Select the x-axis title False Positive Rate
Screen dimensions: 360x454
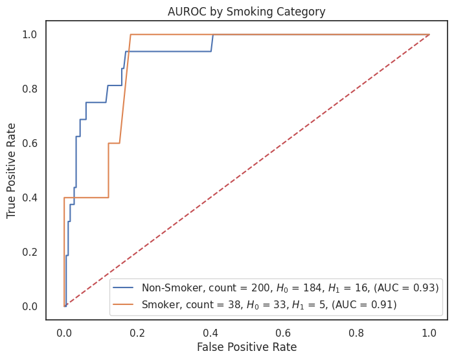point(247,347)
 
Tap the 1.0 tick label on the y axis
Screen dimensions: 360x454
point(30,34)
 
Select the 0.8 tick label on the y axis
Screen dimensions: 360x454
point(30,89)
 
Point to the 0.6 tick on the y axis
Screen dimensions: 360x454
point(30,143)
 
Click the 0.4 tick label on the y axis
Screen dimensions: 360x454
point(30,197)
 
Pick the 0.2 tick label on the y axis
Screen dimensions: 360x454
point(30,252)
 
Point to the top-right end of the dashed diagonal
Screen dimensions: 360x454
point(429,34)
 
